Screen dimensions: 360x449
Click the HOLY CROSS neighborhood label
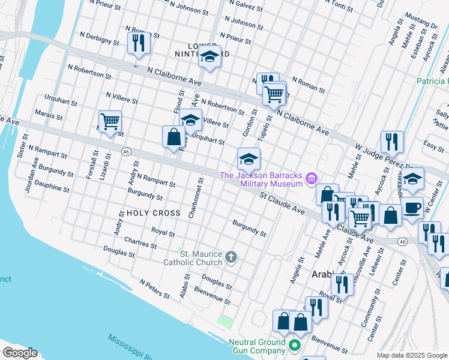[153, 213]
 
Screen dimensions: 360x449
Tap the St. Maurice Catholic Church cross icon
[231, 259]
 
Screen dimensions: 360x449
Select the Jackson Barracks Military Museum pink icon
[311, 178]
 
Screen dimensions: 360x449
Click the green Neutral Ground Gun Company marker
[294, 346]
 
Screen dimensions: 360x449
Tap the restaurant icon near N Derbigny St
[138, 43]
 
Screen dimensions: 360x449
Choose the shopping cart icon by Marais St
[110, 121]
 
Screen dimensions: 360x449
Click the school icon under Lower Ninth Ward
[209, 57]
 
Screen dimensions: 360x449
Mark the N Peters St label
[155, 289]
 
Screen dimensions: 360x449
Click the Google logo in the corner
[20, 352]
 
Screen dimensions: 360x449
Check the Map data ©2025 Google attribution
[411, 355]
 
